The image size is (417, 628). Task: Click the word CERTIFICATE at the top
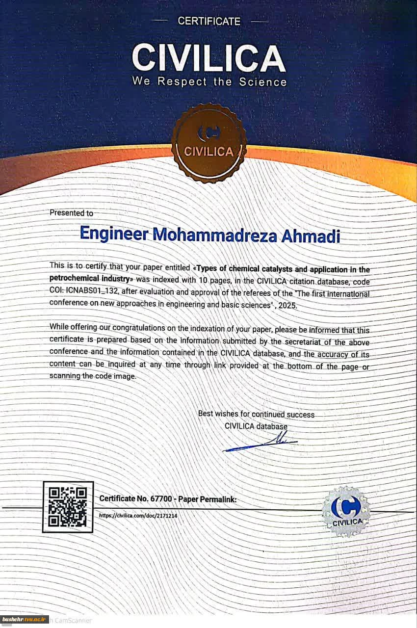tap(209, 21)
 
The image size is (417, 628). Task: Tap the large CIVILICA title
tap(208, 58)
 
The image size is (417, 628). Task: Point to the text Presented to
tap(71, 213)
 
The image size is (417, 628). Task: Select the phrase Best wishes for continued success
tap(256, 414)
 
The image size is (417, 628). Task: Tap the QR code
tap(68, 507)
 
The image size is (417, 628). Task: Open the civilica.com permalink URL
tap(138, 516)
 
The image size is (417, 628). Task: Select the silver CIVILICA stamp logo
tap(346, 511)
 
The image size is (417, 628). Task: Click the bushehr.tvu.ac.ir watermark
tap(24, 620)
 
